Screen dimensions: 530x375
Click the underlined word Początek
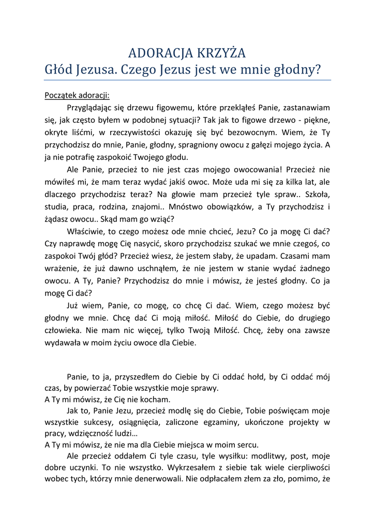tap(61, 95)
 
